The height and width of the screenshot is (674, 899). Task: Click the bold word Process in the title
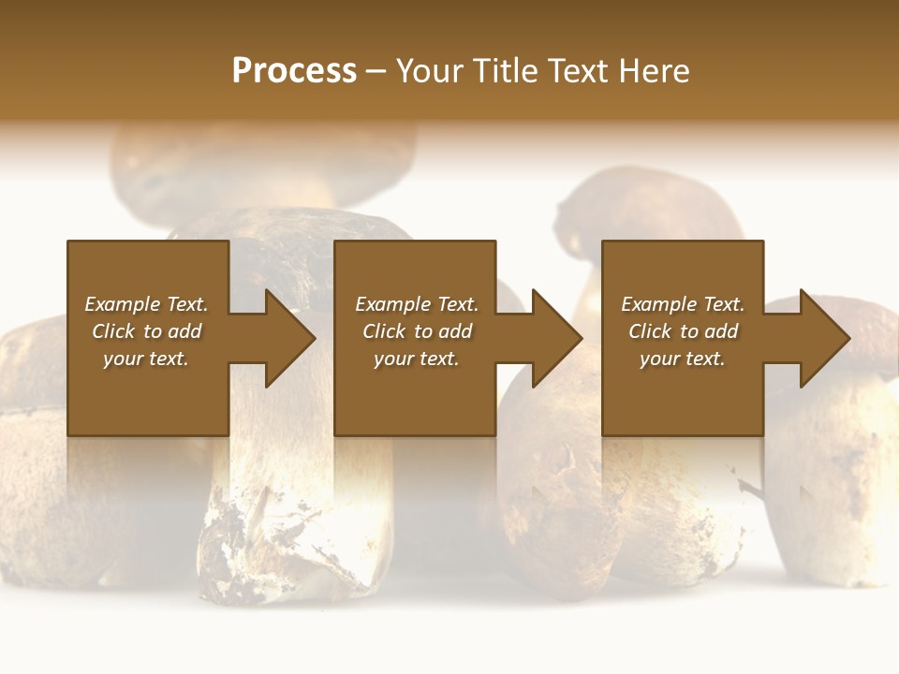click(294, 71)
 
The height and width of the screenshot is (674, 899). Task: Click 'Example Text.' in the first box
click(146, 304)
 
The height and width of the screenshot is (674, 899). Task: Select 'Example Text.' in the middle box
click(417, 304)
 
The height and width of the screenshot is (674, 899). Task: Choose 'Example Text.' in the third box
click(683, 304)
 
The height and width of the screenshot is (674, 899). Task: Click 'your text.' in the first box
click(146, 359)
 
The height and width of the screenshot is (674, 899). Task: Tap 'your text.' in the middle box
click(417, 359)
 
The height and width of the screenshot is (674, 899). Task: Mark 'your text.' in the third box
click(683, 359)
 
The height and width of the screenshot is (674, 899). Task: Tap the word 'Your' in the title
click(427, 71)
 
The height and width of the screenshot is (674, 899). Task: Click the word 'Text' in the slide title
click(576, 71)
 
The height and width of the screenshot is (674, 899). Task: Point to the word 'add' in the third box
click(721, 331)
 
